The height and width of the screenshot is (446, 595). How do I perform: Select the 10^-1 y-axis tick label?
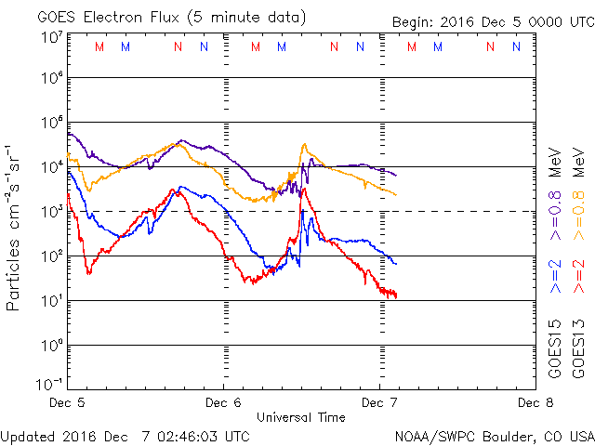pos(47,383)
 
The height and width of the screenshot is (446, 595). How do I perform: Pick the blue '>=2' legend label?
pos(556,276)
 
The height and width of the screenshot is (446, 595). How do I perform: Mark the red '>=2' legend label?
pos(578,276)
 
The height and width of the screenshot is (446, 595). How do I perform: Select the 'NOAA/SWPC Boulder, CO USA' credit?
pos(494,435)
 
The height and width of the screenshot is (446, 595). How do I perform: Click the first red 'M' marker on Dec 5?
pos(99,46)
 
